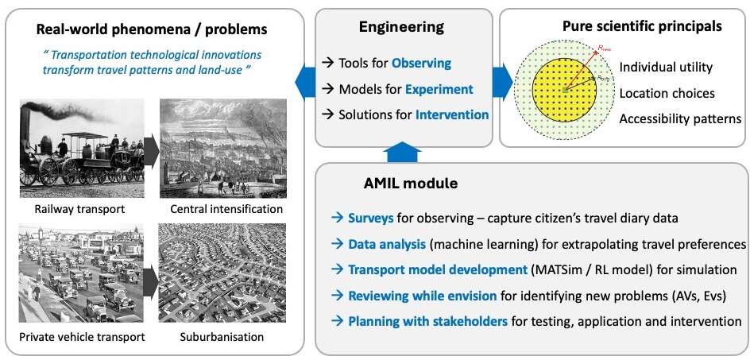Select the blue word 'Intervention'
tap(452, 114)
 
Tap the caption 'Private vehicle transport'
tap(83, 336)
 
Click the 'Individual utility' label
tap(665, 67)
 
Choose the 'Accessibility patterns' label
tap(680, 118)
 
